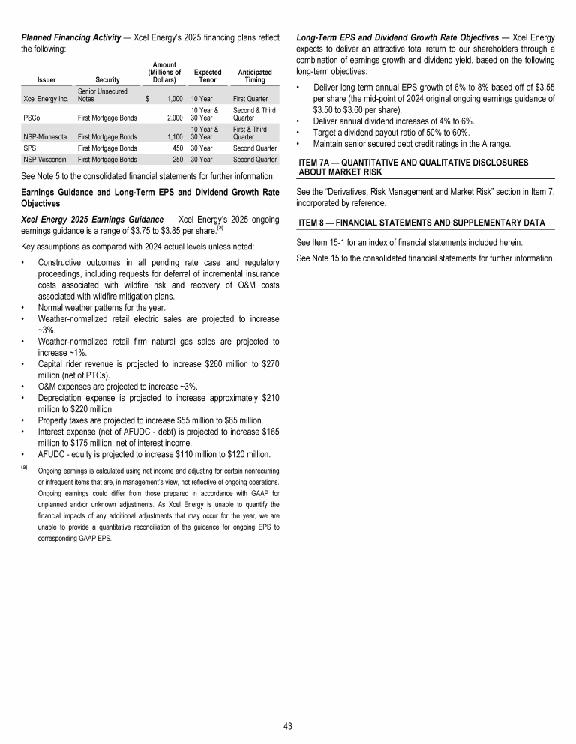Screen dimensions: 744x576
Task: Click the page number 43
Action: pyautogui.click(x=288, y=726)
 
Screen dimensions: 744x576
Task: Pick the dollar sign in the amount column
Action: pyautogui.click(x=148, y=98)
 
